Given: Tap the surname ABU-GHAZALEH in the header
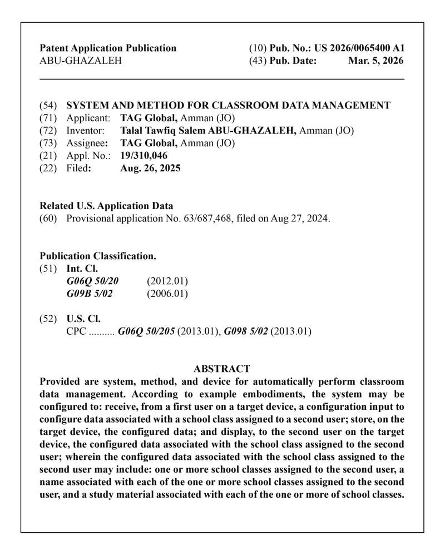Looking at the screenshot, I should tap(81, 61).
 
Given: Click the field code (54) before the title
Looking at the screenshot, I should tap(48, 105).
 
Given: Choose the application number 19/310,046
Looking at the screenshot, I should tap(144, 155).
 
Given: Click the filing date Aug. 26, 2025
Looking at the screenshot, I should tap(150, 168).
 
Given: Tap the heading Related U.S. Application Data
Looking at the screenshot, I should tap(106, 206).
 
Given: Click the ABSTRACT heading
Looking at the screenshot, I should tap(222, 369).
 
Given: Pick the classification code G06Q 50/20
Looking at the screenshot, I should tap(92, 280).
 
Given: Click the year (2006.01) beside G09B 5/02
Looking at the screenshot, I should tap(167, 293).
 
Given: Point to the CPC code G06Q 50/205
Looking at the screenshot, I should tap(147, 332).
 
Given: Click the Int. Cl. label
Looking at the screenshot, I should tap(82, 269).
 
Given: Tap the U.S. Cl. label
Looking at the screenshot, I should tap(83, 319).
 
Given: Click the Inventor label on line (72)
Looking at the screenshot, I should tap(86, 131).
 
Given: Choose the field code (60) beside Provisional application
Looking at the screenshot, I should tap(48, 219).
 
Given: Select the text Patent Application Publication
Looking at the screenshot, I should tap(108, 48).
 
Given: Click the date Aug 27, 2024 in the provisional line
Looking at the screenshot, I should tap(300, 219).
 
